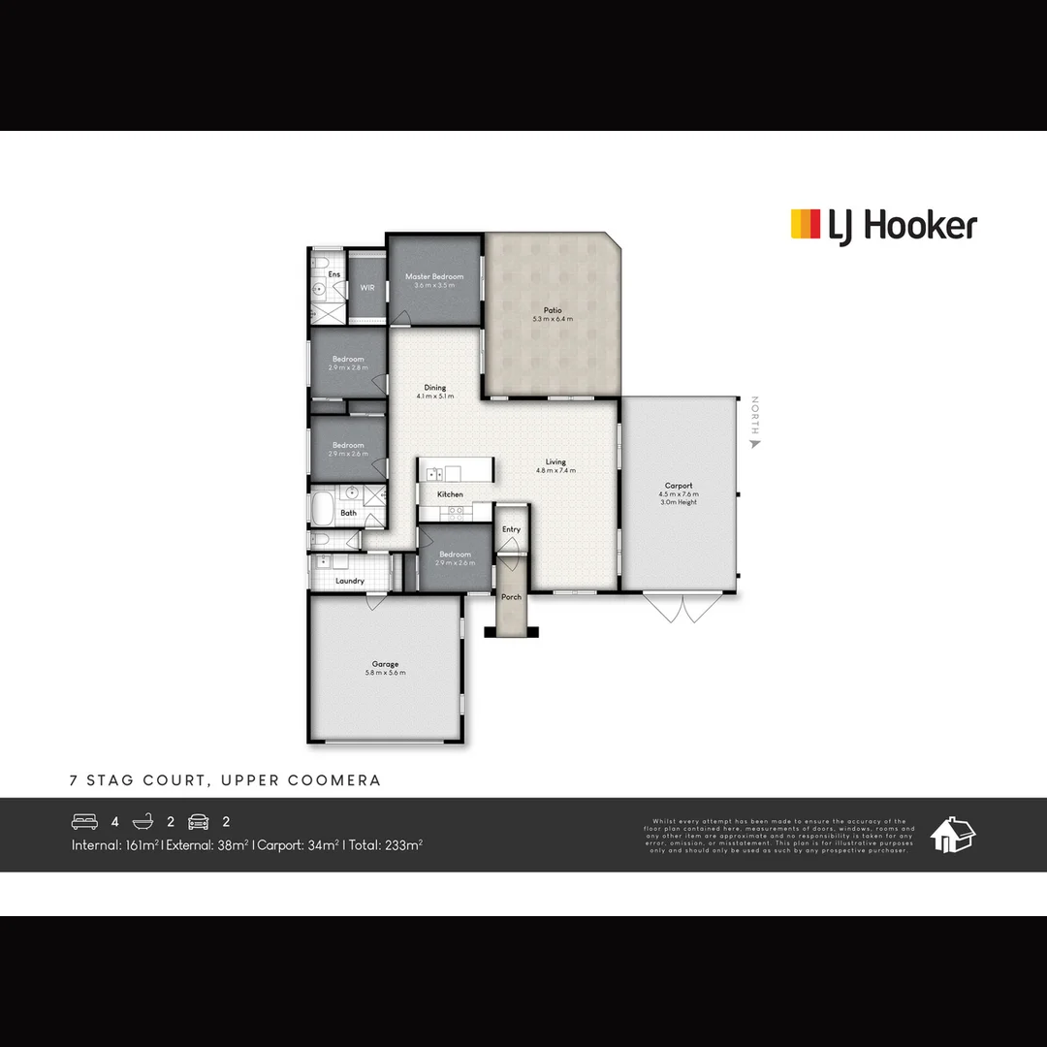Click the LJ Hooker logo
click(883, 225)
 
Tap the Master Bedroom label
click(434, 277)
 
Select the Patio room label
click(553, 311)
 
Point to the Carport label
click(679, 487)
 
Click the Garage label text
click(385, 664)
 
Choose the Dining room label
click(435, 388)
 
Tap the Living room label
click(555, 462)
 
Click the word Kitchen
click(450, 494)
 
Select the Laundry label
click(350, 581)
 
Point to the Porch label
click(511, 597)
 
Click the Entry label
click(511, 529)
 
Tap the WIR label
click(367, 288)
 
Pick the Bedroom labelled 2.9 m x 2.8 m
click(348, 360)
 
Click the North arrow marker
click(755, 443)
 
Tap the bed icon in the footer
click(84, 821)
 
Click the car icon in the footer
click(199, 821)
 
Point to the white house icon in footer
click(952, 835)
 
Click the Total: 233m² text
click(386, 845)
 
